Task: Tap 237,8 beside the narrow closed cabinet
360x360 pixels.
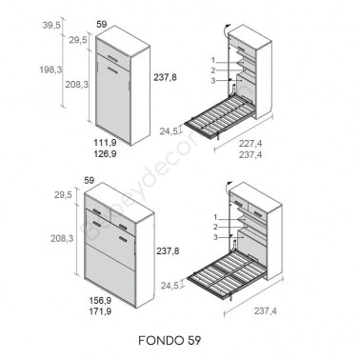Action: tap(163, 77)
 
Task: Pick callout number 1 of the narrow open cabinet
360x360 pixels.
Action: tap(215, 58)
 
